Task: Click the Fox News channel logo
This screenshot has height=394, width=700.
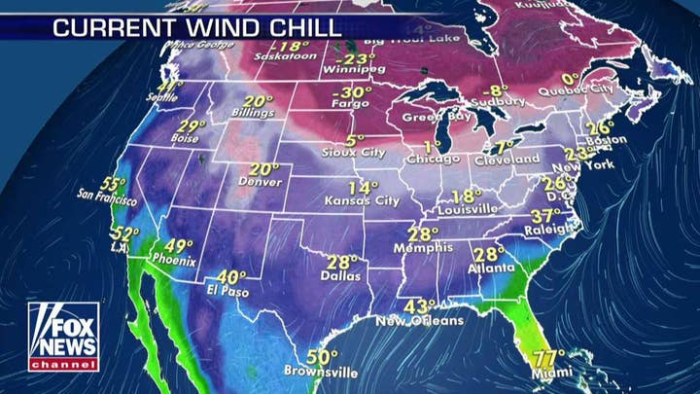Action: click(63, 337)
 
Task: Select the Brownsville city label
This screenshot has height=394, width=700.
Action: click(320, 372)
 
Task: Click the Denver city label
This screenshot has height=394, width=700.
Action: click(259, 182)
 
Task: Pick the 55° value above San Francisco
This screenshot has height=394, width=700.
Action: click(114, 184)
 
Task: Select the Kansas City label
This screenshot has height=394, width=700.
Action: click(362, 201)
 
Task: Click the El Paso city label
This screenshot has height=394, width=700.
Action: click(227, 292)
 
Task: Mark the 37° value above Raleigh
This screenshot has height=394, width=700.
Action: click(546, 216)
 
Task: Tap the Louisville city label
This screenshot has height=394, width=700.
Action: click(468, 209)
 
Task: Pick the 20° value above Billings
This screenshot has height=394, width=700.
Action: click(258, 102)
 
